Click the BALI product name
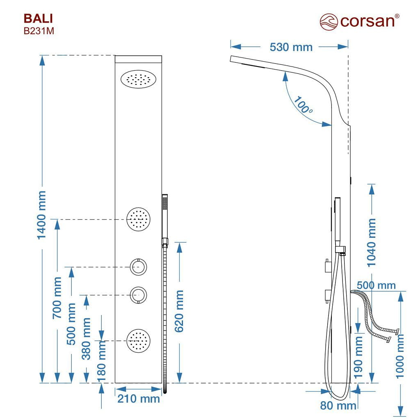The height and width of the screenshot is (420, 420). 38,18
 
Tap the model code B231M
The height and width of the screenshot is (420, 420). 39,31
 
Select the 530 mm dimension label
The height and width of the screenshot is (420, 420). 291,47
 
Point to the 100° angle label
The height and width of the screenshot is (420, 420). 303,105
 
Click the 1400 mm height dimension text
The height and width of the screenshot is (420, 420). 41,215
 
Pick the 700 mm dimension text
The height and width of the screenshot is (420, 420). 57,298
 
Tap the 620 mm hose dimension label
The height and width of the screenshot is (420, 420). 179,311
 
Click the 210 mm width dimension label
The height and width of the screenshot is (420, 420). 139,399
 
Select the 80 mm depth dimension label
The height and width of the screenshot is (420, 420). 338,405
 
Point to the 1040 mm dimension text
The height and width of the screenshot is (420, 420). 371,243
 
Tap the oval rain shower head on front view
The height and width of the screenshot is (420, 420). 138,79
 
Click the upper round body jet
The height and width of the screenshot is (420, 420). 138,219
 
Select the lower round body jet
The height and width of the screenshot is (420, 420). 138,341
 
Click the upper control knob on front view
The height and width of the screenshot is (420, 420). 139,267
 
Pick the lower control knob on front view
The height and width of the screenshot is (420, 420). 139,295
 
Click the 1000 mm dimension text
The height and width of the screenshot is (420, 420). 400,356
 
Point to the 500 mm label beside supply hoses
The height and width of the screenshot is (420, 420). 376,285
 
